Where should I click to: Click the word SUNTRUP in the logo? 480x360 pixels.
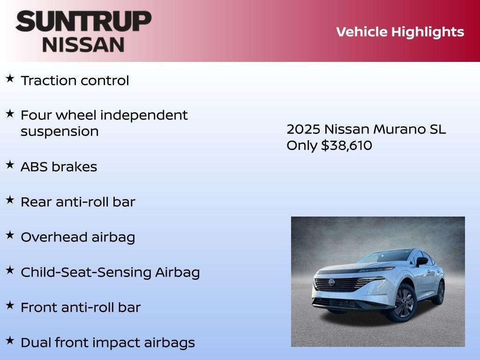(83, 22)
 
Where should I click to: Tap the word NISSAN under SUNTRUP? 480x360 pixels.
(83, 44)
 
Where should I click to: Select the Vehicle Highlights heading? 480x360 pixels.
(400, 32)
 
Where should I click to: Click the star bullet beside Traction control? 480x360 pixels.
(10, 78)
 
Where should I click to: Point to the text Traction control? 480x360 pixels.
(75, 81)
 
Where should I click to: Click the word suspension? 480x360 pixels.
(60, 132)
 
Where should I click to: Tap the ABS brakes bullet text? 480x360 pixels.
(59, 167)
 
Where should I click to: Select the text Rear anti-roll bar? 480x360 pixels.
(78, 202)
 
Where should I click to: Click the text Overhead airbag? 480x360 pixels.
(78, 237)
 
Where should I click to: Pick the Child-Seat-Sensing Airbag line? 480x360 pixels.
(110, 272)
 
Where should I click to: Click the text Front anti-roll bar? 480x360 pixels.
(81, 307)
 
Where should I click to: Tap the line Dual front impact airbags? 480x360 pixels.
(107, 343)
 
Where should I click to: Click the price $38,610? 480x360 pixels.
(346, 145)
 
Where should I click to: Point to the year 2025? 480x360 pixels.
(303, 129)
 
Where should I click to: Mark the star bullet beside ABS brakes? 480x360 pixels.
(10, 165)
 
